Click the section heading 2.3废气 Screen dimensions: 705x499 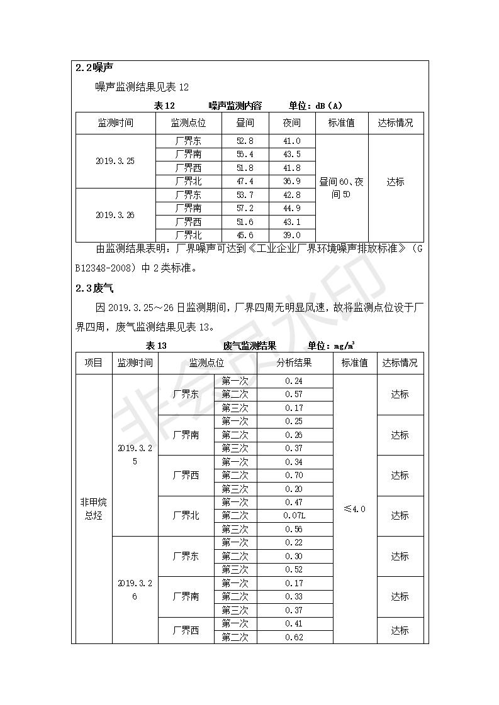[94, 288]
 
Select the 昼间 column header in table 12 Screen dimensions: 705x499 [245, 123]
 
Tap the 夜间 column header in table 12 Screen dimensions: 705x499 [291, 123]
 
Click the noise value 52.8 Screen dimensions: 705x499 [245, 141]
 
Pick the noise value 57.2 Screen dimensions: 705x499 [245, 208]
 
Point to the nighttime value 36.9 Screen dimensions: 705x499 [291, 182]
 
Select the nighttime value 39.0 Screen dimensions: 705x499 [291, 235]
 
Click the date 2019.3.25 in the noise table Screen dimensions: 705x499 [115, 161]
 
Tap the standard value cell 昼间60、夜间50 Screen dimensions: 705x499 [341, 189]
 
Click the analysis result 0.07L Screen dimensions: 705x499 [294, 516]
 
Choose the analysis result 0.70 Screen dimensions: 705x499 [294, 476]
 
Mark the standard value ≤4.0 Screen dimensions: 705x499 [354, 509]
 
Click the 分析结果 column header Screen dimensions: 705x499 [294, 363]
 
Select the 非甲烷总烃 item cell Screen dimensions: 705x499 [93, 509]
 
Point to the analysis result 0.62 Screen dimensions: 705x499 [294, 637]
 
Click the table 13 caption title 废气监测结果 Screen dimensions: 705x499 [249, 346]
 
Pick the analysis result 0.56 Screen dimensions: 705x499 [294, 529]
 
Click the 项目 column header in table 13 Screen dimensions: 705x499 [93, 363]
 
